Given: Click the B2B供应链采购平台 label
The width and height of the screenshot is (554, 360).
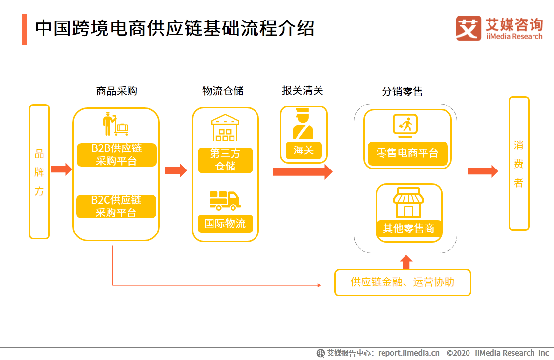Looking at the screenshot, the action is (117, 155).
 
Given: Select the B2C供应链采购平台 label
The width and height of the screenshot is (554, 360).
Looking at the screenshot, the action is (116, 206).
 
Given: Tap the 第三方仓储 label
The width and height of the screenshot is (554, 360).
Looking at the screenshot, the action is (225, 160).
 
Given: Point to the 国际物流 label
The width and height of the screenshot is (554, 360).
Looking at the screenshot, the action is (225, 223).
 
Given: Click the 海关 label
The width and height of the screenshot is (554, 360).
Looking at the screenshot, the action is (303, 150).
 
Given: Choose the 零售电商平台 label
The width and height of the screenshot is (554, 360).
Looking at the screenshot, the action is (408, 153).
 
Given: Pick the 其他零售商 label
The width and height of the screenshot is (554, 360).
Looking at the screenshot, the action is (409, 228).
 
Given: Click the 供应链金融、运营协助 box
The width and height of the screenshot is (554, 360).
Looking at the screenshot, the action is (403, 282).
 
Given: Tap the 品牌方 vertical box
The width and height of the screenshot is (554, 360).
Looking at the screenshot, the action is (39, 172).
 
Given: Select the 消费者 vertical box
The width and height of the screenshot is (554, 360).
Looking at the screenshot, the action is (519, 164).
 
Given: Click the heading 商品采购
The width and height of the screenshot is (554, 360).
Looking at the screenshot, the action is (117, 91).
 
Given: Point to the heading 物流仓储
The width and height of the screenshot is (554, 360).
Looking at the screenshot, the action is (223, 91).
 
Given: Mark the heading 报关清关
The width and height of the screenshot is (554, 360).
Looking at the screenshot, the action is (302, 90).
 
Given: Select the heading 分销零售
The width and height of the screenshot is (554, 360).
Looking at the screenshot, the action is (402, 91).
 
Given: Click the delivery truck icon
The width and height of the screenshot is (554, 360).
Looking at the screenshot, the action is (225, 201).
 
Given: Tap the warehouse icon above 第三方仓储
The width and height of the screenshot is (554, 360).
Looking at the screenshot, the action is (225, 127).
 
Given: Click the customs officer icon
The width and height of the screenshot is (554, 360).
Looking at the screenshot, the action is (303, 124).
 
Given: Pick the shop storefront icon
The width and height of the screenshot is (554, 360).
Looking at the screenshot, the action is (408, 202).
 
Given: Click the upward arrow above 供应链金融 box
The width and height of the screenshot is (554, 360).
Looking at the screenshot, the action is (406, 262).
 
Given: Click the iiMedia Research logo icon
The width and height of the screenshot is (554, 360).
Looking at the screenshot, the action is (469, 28).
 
